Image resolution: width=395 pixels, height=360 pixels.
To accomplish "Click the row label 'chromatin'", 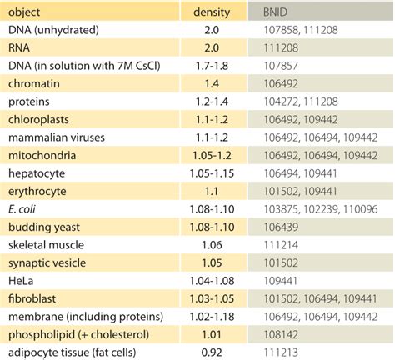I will click(33, 85).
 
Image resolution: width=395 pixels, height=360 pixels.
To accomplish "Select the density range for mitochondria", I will click(212, 156).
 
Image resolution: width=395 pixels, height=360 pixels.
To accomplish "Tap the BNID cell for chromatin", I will click(274, 85).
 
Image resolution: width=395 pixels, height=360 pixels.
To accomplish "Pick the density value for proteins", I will click(212, 102).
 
